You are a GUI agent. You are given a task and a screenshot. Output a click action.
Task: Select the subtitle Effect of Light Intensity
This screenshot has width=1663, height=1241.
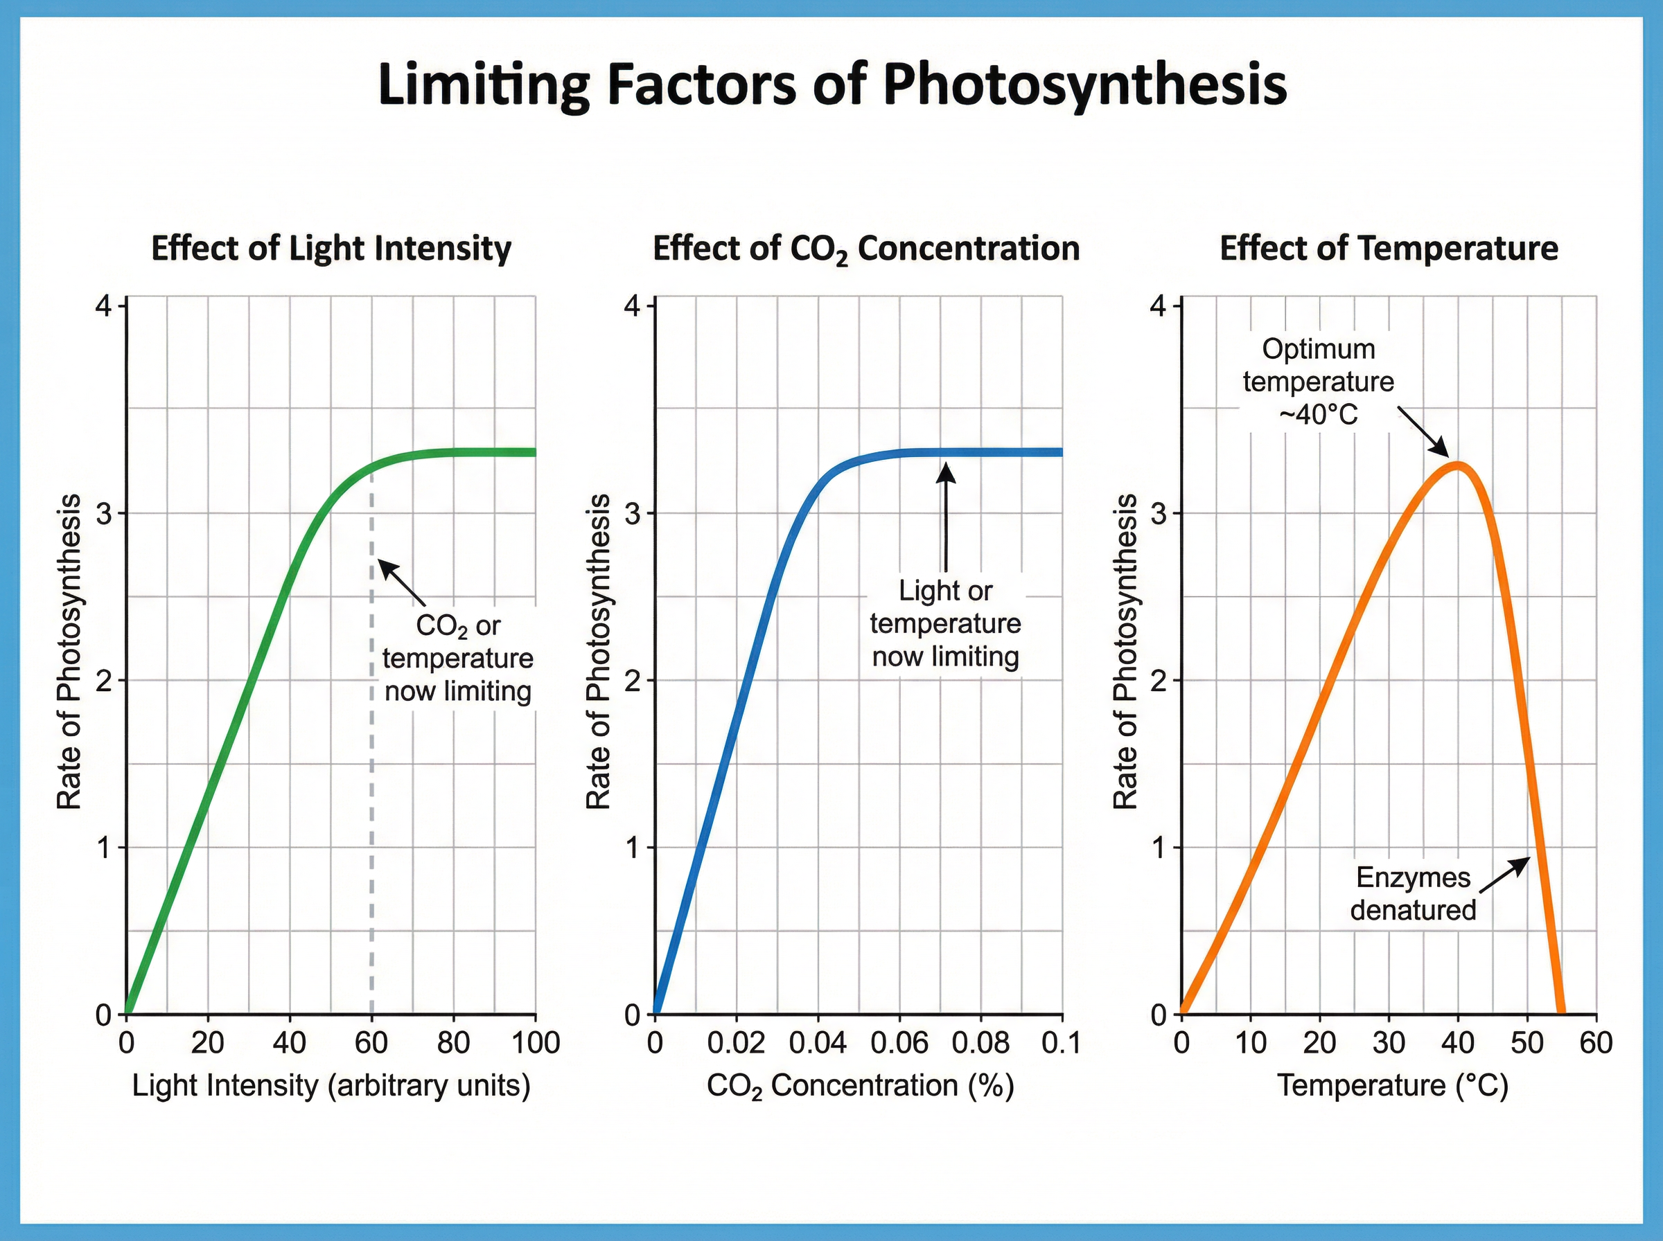click(331, 248)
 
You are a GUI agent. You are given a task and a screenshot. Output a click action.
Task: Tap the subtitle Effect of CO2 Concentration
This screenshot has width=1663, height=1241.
click(865, 249)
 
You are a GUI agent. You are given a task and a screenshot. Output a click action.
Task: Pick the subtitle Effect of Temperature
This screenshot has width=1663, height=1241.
click(1388, 248)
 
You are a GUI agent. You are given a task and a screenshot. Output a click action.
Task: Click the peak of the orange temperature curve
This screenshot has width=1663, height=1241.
click(1458, 465)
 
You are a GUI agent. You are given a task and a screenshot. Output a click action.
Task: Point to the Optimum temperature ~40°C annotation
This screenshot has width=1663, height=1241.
click(1318, 382)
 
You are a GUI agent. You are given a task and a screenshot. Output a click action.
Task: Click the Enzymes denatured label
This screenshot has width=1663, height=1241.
click(1413, 894)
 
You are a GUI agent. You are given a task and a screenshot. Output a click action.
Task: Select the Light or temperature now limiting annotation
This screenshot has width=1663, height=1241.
click(944, 623)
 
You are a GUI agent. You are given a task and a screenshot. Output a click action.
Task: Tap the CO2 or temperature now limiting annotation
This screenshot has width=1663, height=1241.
click(457, 658)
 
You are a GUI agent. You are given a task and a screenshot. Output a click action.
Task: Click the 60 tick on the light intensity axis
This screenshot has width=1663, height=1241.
click(371, 1043)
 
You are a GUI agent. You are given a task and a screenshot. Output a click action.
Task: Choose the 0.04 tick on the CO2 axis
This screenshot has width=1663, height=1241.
click(818, 1043)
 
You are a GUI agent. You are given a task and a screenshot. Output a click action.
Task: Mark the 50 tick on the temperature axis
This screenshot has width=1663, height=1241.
click(1527, 1043)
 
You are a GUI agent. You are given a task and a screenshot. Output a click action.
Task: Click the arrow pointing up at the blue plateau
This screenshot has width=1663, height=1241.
click(945, 518)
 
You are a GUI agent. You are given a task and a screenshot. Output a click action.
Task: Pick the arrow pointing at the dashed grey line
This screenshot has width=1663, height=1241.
click(401, 582)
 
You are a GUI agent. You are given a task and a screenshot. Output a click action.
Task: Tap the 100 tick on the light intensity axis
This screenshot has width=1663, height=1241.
click(536, 1043)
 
